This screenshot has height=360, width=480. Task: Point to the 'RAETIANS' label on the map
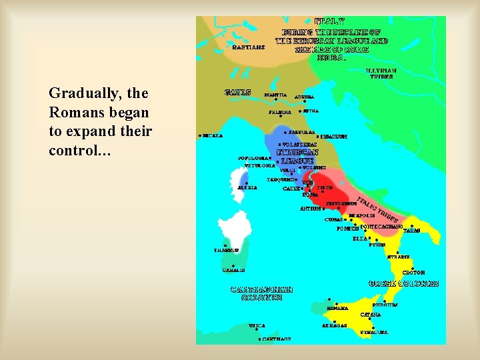249,47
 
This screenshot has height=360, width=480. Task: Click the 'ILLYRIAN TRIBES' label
381,73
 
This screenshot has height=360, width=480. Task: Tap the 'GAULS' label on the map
238,92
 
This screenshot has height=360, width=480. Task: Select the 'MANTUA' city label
276,95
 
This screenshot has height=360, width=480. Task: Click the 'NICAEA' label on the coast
213,135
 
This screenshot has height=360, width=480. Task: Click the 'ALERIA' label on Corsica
247,187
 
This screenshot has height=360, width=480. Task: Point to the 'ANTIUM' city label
310,209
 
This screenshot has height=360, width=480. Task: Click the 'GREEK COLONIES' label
403,283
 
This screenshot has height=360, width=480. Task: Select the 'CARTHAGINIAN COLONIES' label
261,293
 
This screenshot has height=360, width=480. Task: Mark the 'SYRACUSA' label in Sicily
373,331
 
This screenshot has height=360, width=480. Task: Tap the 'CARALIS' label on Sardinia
234,270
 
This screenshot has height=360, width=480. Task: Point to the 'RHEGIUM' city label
385,305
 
